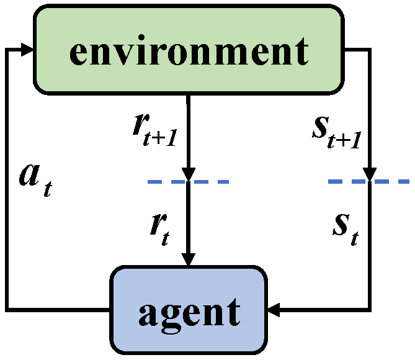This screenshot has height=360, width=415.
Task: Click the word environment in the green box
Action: tap(189, 49)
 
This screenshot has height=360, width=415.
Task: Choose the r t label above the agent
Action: tap(159, 228)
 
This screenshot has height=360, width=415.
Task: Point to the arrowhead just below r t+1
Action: tap(189, 174)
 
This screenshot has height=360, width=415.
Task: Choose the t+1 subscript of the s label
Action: tap(349, 139)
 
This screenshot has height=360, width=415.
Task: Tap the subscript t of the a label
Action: tap(47, 188)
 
